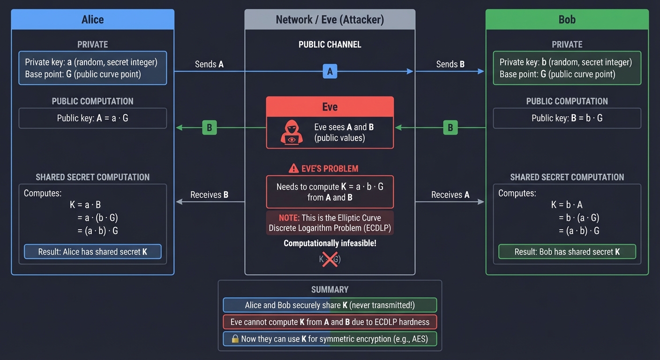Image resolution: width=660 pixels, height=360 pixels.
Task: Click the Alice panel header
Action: pyautogui.click(x=92, y=20)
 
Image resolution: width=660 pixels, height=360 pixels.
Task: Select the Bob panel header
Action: pyautogui.click(x=567, y=20)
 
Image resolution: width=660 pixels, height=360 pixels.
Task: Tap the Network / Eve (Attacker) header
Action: pyautogui.click(x=330, y=20)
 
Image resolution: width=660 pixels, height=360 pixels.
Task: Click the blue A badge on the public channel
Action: pyautogui.click(x=330, y=71)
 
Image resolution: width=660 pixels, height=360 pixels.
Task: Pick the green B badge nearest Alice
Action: pyautogui.click(x=209, y=127)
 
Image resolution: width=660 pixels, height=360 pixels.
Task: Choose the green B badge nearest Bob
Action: pyautogui.click(x=450, y=127)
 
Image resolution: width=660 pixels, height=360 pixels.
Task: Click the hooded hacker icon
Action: pyautogui.click(x=292, y=132)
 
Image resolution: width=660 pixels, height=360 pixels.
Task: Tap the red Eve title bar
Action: pyautogui.click(x=330, y=106)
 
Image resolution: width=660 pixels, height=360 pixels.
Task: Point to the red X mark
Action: pyautogui.click(x=330, y=259)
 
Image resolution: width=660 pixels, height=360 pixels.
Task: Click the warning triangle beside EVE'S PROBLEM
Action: pyautogui.click(x=293, y=168)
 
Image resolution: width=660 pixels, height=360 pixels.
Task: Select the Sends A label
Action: pyautogui.click(x=209, y=64)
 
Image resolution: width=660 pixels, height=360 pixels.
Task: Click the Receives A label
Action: pyautogui.click(x=450, y=195)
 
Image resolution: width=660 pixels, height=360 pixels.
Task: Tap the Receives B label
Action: pyautogui.click(x=209, y=195)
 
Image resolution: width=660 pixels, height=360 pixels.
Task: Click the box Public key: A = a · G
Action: pyautogui.click(x=92, y=118)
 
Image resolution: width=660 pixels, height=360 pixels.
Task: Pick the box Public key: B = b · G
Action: pyautogui.click(x=567, y=118)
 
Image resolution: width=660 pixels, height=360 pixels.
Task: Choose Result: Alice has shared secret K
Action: pyautogui.click(x=92, y=252)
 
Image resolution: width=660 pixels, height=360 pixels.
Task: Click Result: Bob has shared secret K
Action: pyautogui.click(x=567, y=252)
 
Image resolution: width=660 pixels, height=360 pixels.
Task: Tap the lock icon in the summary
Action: pyautogui.click(x=235, y=339)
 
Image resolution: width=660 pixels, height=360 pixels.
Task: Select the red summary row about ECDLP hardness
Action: pyautogui.click(x=330, y=322)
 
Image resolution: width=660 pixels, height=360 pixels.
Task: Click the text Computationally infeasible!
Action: pyautogui.click(x=330, y=243)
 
